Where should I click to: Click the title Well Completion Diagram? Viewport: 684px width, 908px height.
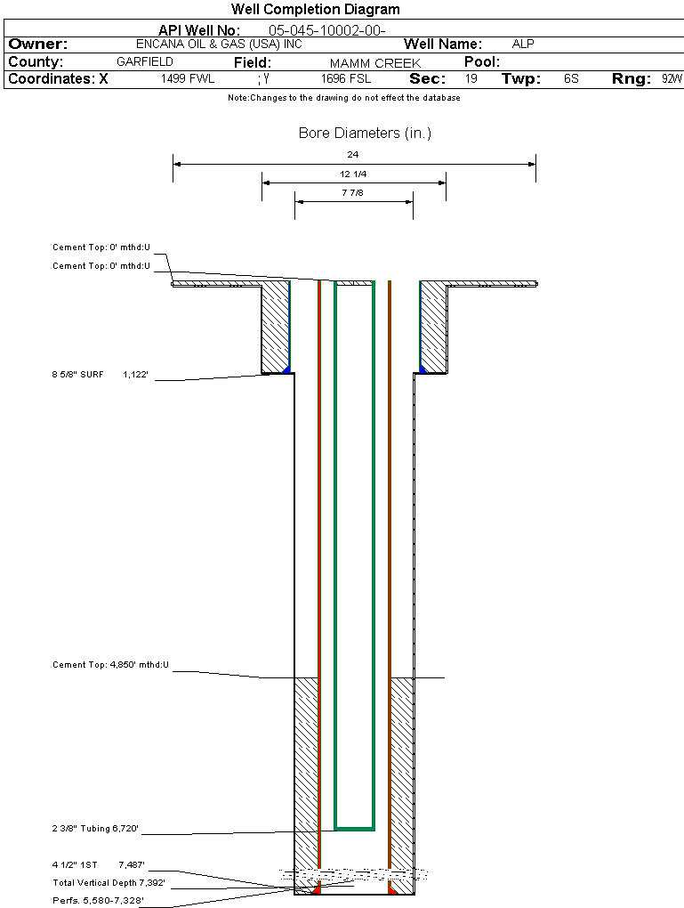coord(315,10)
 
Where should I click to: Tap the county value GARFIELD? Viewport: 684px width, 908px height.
coord(145,62)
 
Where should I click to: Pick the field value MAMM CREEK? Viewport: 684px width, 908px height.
coord(375,63)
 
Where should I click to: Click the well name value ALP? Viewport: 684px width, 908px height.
coord(523,44)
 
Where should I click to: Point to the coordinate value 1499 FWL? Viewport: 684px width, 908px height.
coord(188,79)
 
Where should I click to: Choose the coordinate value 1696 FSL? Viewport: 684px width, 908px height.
coord(346,79)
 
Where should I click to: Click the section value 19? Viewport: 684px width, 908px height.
coord(471,79)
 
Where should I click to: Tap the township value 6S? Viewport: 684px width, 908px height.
coord(571,79)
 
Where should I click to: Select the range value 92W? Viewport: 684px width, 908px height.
coord(672,79)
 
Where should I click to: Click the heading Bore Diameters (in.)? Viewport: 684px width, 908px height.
coord(365,134)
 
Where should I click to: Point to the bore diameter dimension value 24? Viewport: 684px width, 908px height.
coord(353,155)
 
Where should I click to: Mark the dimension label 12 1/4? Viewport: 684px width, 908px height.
coord(353,174)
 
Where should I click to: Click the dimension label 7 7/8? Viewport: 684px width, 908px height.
coord(353,192)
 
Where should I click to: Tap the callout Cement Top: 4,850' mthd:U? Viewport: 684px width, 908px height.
coord(110,665)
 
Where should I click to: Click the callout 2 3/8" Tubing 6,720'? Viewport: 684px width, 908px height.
coord(95,829)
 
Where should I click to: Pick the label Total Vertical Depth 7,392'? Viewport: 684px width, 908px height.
coord(109,883)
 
